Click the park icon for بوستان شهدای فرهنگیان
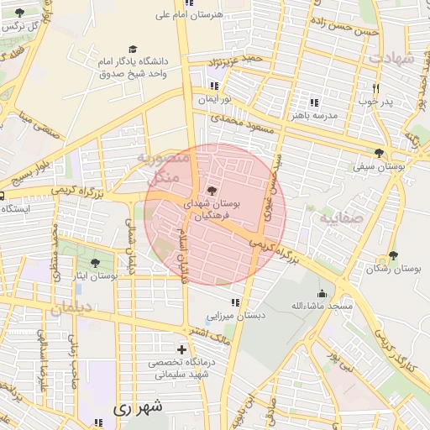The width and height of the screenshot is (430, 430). click(211, 191)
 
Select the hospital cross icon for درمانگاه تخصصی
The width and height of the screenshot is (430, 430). click(181, 349)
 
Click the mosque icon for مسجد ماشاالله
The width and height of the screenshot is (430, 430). click(322, 294)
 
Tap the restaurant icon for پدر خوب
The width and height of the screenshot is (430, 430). click(375, 88)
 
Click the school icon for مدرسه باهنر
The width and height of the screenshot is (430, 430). click(314, 102)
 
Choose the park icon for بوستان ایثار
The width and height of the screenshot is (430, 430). click(93, 264)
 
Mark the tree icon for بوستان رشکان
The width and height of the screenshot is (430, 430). click(393, 255)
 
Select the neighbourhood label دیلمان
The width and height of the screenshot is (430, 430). click(69, 309)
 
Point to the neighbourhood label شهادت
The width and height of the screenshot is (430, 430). click(392, 57)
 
